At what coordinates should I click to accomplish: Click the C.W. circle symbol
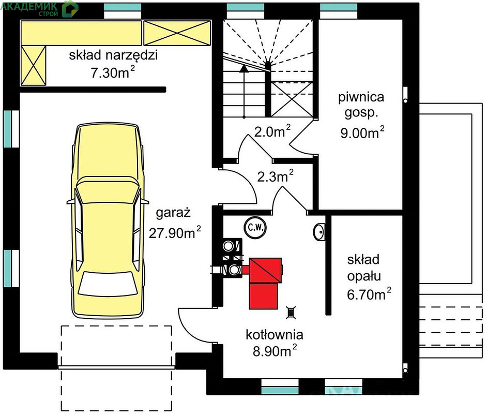[255, 228]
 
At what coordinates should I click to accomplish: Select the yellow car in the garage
[108, 220]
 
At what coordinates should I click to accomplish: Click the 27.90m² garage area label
[175, 232]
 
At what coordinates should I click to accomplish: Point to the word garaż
[173, 213]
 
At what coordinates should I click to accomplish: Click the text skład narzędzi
[113, 55]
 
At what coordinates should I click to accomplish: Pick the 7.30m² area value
[113, 73]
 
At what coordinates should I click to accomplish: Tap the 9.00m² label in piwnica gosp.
[362, 132]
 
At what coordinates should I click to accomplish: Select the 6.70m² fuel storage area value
[369, 294]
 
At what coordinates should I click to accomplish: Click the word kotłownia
[274, 334]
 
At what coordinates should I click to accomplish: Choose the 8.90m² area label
[275, 351]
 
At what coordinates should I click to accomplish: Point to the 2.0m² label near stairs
[272, 131]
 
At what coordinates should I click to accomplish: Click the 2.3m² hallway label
[275, 176]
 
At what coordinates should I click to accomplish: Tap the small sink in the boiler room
[319, 232]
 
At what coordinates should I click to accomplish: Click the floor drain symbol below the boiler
[291, 313]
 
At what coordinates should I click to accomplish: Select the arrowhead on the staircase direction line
[245, 68]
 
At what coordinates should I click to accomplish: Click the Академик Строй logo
[39, 8]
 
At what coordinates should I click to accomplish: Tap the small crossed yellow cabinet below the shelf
[33, 65]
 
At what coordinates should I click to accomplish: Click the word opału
[364, 276]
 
